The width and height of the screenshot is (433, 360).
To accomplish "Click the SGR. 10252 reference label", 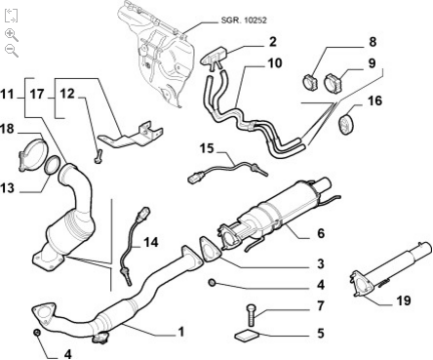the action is pos(244,20).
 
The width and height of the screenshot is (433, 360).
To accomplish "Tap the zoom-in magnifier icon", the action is pos(12,35).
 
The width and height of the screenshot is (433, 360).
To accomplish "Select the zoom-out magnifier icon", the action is pos(12,51).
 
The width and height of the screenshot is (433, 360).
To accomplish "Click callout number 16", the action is pos(374,100).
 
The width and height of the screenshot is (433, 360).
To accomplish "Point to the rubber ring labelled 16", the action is pos(346,123).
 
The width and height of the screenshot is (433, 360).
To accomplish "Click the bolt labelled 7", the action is pos(251,315).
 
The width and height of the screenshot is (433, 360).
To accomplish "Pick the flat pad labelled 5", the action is pos(246,336).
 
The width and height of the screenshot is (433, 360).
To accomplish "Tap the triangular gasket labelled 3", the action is pos(210,250).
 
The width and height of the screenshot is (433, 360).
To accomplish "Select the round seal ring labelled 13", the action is pos(52,165).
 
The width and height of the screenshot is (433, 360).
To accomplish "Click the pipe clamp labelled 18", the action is pos(32,154).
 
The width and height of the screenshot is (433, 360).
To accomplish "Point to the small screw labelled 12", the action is pos(98,156).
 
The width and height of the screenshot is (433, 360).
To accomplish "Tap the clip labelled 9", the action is pos(335,83).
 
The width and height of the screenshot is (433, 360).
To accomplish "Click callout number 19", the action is pos(404,300).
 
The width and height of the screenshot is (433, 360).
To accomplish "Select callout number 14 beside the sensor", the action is pos(151,243).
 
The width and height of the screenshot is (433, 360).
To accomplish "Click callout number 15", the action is pos(207,148).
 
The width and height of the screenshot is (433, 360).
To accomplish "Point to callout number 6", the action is pos(321,233).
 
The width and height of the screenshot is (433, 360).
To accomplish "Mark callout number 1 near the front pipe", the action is pos(181,332).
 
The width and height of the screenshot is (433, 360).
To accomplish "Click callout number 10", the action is pos(275,63).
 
